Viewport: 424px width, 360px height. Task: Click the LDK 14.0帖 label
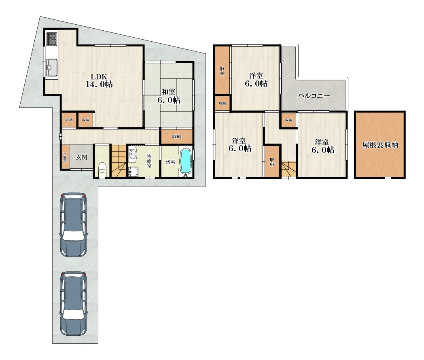[x=99, y=80]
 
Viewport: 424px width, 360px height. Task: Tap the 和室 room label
[x=168, y=92]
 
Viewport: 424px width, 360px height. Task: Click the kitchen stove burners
[x=52, y=39]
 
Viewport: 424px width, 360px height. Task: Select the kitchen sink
[x=52, y=67]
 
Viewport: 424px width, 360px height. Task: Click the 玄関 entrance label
[x=81, y=157]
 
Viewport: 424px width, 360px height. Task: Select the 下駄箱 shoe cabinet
[x=65, y=157]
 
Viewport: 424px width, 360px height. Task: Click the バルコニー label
[x=314, y=96]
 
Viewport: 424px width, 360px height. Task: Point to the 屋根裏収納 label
[x=380, y=145]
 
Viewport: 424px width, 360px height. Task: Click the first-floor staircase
[x=119, y=161]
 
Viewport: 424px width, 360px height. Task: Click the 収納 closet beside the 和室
[x=177, y=136]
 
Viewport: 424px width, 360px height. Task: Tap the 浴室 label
[x=170, y=162]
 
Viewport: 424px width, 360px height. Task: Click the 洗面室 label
[x=149, y=161]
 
